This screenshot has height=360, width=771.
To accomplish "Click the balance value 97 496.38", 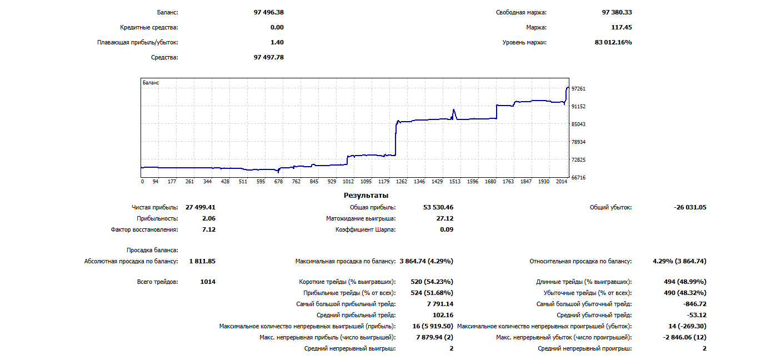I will click(268, 12).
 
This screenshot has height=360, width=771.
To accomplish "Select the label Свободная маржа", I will click(521, 12).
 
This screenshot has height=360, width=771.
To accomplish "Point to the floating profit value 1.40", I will click(277, 42).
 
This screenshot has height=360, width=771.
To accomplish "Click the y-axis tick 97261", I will click(578, 89).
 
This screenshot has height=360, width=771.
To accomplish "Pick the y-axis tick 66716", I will click(578, 178).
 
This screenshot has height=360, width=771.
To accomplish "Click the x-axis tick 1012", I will click(348, 182).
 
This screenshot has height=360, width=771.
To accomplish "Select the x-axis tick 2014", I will click(561, 182).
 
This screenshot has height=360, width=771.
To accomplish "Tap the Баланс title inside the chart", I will click(151, 83).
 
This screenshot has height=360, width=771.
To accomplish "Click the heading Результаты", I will click(366, 196).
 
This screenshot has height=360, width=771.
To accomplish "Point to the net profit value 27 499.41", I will click(201, 207).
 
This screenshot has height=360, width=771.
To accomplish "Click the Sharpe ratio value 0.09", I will click(447, 229).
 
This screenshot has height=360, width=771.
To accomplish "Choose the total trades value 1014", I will click(208, 282).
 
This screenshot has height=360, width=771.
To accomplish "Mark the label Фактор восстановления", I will click(144, 229).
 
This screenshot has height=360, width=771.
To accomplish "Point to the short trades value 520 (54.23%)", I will click(431, 282).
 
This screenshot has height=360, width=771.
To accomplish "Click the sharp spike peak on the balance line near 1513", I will click(454, 109).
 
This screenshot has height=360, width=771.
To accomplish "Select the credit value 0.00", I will click(277, 27).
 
